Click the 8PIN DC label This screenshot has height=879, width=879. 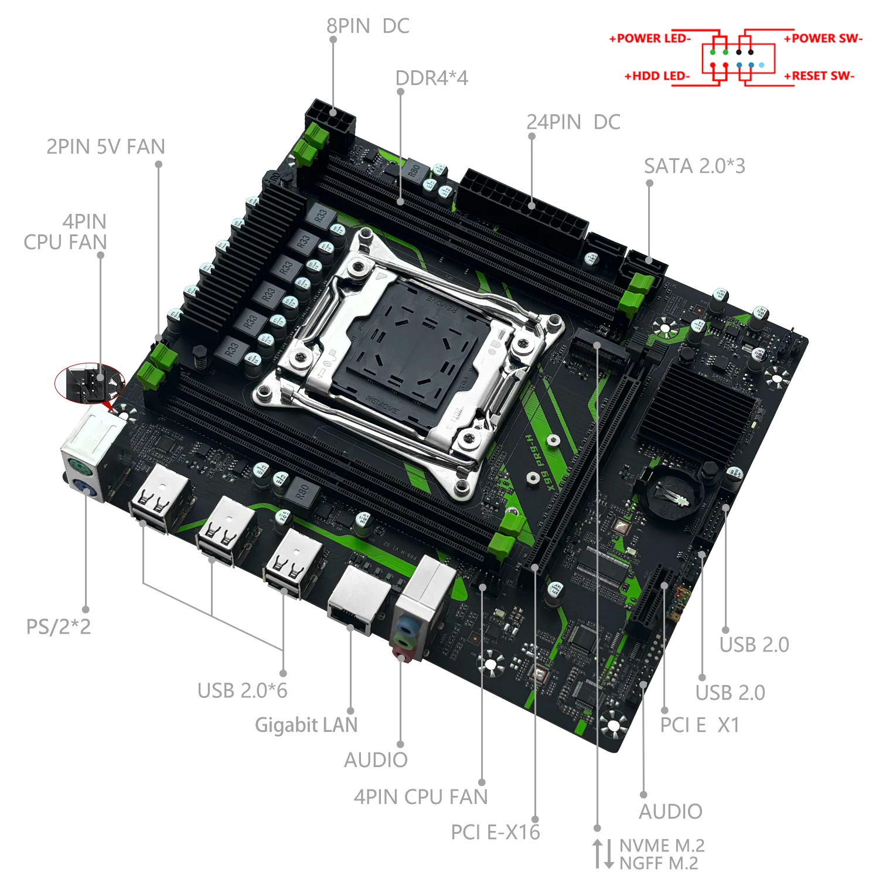point(367,26)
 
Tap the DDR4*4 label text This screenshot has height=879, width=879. point(431,78)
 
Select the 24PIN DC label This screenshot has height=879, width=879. point(573,122)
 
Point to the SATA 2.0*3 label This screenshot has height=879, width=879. point(694,166)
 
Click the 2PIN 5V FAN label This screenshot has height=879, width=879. point(105,146)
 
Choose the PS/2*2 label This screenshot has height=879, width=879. point(58,626)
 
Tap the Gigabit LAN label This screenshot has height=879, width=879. point(306,725)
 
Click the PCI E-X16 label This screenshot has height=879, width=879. point(495,832)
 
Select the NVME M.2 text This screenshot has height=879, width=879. point(662,846)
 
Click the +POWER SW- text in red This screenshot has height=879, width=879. point(823,39)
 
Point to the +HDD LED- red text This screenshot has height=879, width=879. point(657,76)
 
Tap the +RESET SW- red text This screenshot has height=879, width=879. point(819,76)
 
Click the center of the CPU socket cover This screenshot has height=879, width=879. point(413,346)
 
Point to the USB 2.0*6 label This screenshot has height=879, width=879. point(242,691)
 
